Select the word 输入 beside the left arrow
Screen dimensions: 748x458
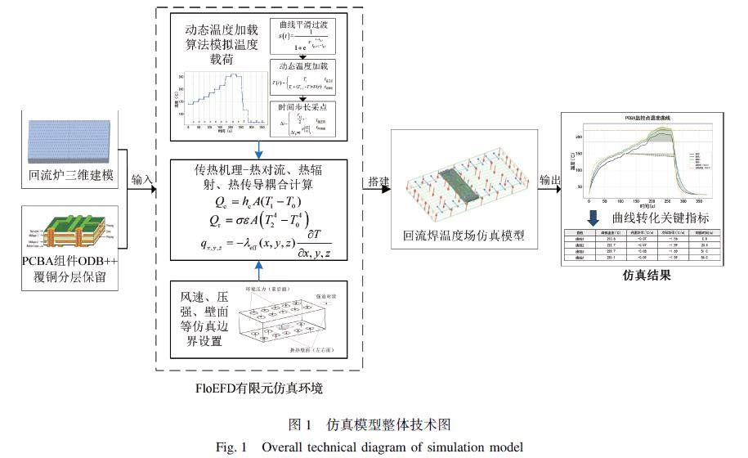pyautogui.click(x=141, y=179)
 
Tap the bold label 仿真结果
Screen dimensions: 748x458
pyautogui.click(x=646, y=276)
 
